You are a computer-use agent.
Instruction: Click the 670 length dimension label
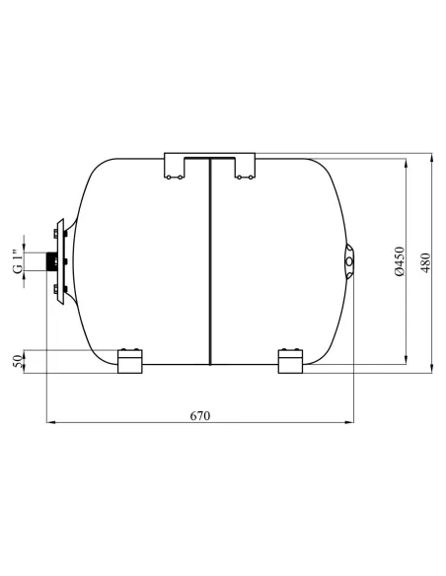(x=200, y=416)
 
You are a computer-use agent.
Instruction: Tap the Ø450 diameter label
(x=400, y=261)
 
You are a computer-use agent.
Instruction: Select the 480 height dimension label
(x=425, y=262)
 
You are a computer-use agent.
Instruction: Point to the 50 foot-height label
(x=17, y=361)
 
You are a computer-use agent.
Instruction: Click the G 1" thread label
(x=17, y=262)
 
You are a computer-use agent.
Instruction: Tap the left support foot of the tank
(x=129, y=361)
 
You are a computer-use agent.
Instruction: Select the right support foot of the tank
(x=291, y=361)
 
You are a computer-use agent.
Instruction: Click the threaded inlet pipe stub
(x=50, y=261)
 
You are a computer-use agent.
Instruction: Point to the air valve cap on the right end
(x=350, y=261)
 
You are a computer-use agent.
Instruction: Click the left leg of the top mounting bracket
(x=174, y=166)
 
